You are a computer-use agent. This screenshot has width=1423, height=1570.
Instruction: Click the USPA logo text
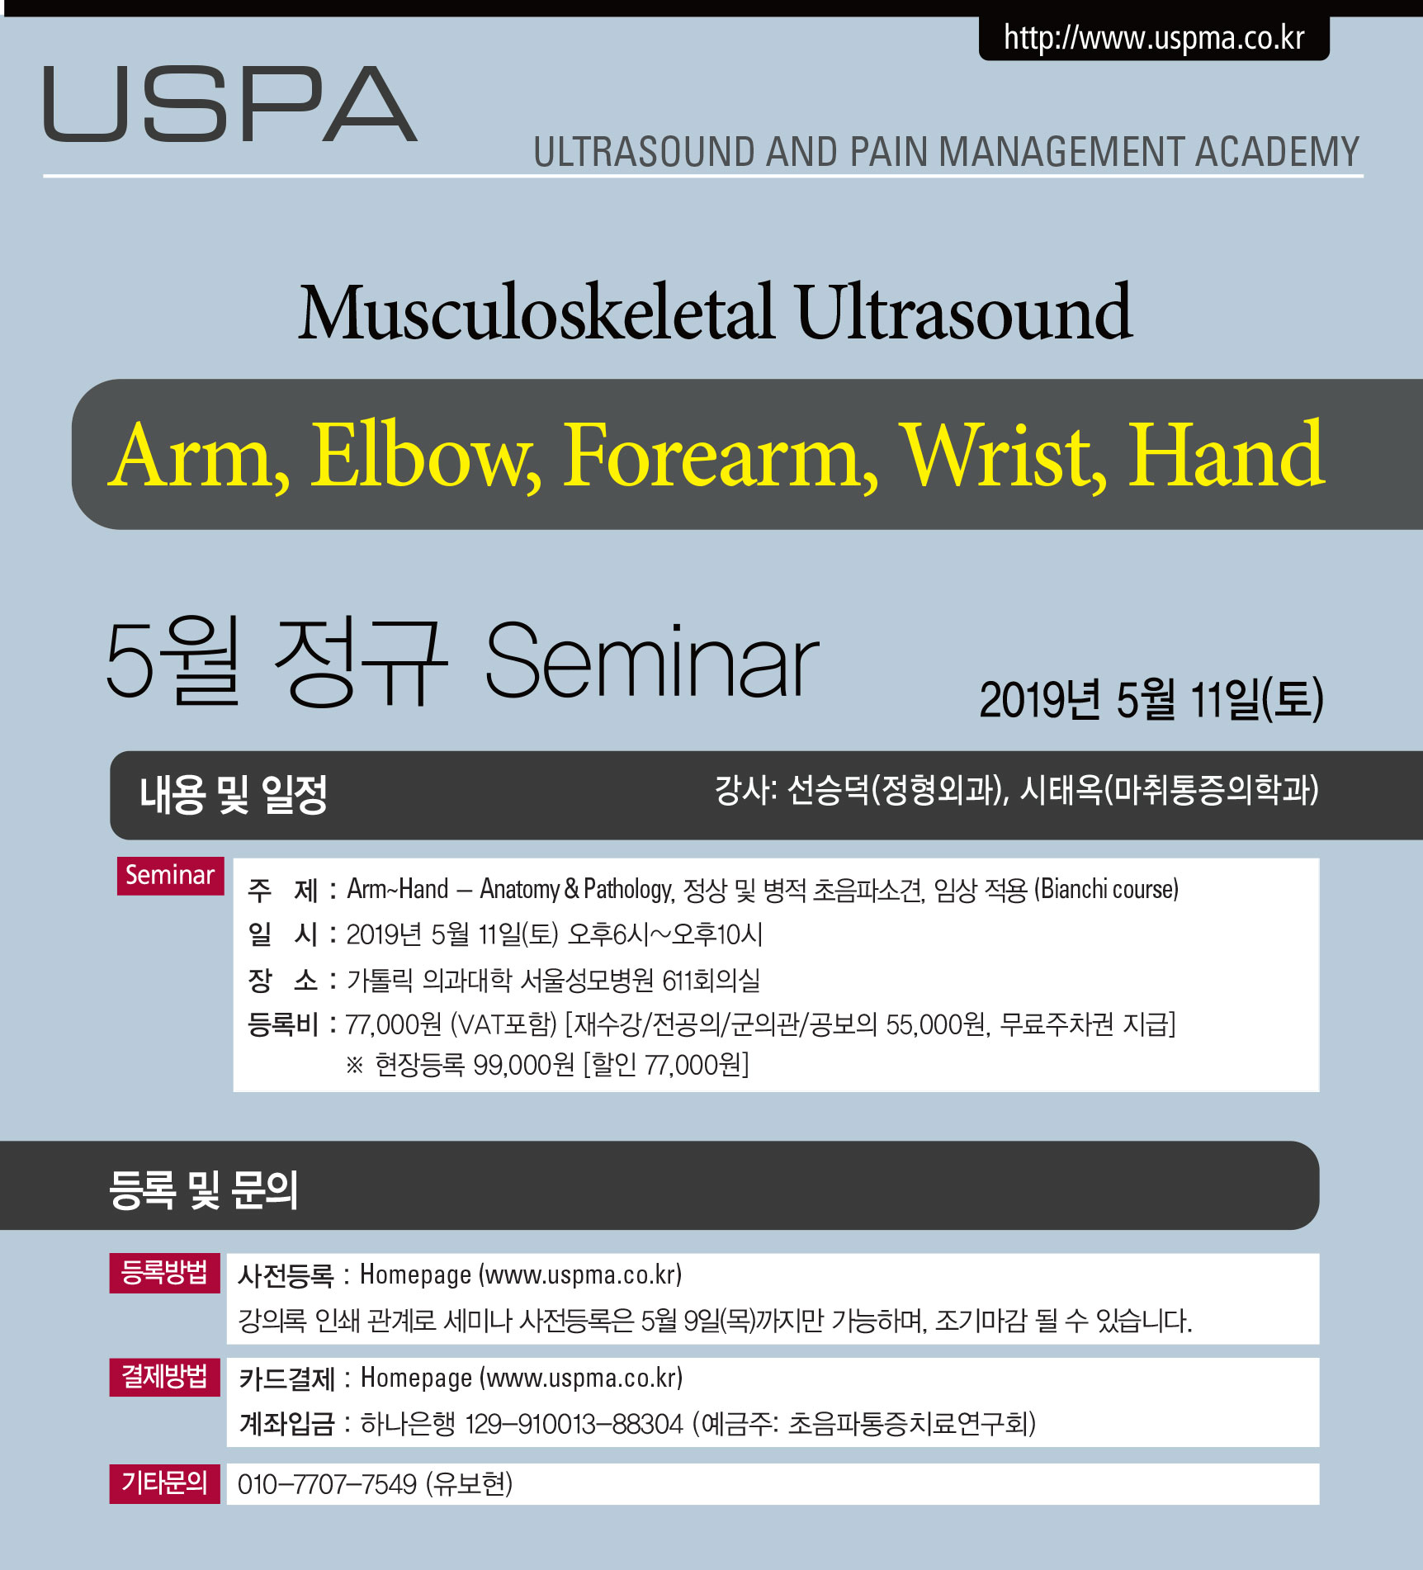[230, 104]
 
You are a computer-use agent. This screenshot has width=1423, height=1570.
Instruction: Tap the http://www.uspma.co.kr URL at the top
[1154, 38]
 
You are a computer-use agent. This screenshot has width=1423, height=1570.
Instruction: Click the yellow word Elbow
[426, 456]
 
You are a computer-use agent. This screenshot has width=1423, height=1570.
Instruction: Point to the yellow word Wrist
[1003, 456]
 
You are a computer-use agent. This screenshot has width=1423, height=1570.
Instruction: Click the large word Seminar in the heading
[651, 661]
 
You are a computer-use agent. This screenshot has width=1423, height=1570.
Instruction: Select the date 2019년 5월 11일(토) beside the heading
[1151, 699]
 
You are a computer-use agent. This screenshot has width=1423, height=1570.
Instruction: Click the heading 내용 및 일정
[234, 795]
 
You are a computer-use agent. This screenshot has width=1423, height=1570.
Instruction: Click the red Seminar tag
[170, 875]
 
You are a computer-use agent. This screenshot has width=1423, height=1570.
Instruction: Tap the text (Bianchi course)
[1106, 889]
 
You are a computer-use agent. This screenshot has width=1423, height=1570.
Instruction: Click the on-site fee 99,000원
[523, 1065]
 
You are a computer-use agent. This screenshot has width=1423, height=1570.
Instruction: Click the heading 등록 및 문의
[203, 1189]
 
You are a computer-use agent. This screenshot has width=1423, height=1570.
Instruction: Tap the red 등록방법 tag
[164, 1272]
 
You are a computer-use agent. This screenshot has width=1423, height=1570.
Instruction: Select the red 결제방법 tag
[164, 1376]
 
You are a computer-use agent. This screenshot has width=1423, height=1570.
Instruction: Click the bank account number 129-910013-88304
[574, 1424]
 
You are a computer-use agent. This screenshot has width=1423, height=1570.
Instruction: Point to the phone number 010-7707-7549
[327, 1484]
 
